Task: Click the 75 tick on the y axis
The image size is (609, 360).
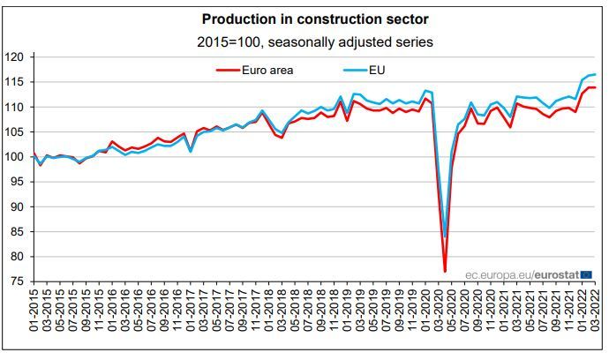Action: coord(20,282)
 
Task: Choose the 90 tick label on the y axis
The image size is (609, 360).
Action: coord(20,207)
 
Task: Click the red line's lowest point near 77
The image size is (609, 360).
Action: coord(445,271)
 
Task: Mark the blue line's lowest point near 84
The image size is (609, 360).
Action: coord(445,236)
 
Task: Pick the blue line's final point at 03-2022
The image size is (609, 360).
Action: coord(595,74)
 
